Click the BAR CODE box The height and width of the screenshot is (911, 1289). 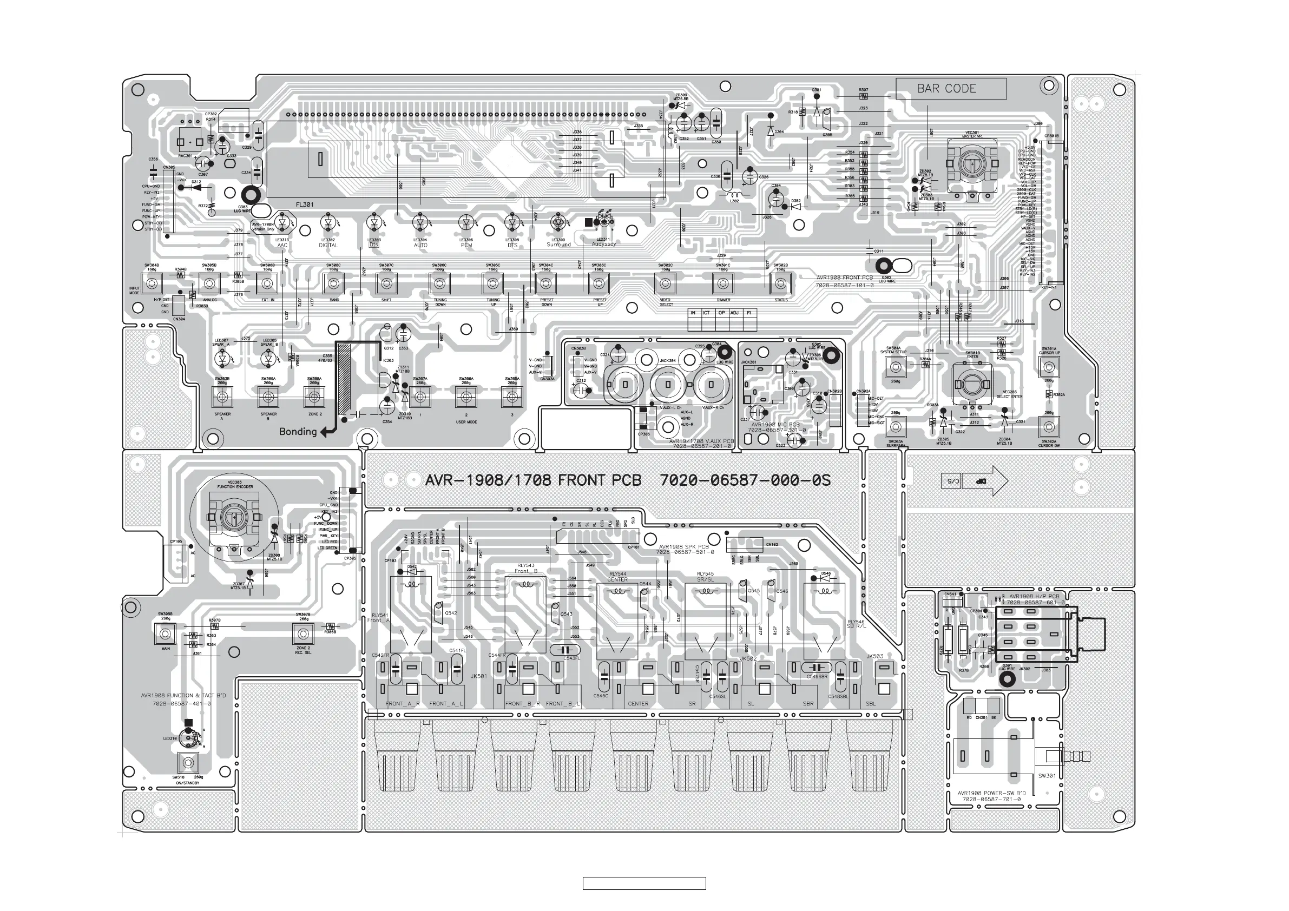pos(950,89)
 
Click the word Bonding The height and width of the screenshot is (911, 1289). pos(298,431)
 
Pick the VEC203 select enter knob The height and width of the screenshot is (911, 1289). pos(972,384)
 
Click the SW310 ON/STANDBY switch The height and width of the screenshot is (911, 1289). pos(188,762)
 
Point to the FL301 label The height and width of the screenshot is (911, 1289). pos(304,205)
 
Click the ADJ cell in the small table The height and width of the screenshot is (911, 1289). pos(734,313)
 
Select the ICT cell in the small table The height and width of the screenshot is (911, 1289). pos(706,313)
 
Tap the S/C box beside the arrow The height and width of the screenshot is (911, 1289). pos(950,481)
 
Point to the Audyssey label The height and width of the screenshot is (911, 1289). pos(603,244)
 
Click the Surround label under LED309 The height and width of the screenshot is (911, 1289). pos(558,245)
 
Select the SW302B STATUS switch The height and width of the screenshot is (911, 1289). pos(780,283)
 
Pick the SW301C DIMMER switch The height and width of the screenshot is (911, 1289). pos(722,283)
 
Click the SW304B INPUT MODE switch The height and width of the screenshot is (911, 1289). pos(152,283)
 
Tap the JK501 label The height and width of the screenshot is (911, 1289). pos(479,676)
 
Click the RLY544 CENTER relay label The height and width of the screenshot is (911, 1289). pos(617,577)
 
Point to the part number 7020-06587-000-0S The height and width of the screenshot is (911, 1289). pos(745,480)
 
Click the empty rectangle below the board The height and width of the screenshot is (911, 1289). pos(644,883)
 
